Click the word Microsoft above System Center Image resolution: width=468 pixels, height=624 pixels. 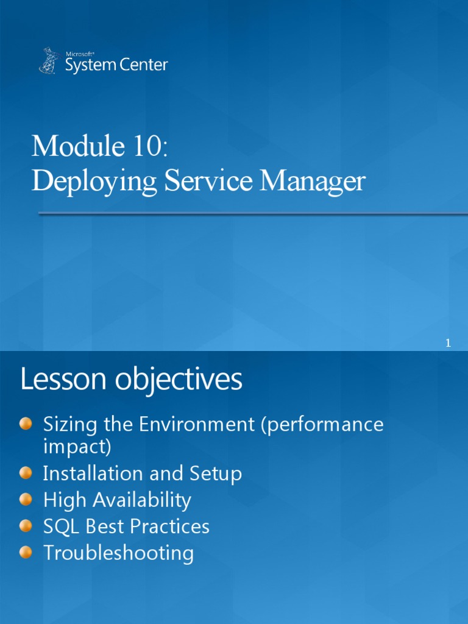pyautogui.click(x=76, y=54)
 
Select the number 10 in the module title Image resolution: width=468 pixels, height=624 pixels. pyautogui.click(x=147, y=146)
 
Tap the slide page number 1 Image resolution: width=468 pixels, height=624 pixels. pyautogui.click(x=448, y=344)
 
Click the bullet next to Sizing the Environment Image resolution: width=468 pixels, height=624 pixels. pyautogui.click(x=26, y=424)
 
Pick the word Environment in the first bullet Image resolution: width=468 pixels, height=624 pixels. pyautogui.click(x=197, y=424)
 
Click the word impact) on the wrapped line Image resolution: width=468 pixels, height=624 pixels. pyautogui.click(x=77, y=447)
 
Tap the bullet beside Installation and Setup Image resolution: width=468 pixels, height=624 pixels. pyautogui.click(x=26, y=473)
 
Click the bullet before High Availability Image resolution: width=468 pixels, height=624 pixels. pyautogui.click(x=26, y=500)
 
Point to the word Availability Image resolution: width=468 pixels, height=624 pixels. pyautogui.click(x=141, y=500)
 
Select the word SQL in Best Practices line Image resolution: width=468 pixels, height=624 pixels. pyautogui.click(x=58, y=526)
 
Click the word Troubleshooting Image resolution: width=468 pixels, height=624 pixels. pyautogui.click(x=118, y=553)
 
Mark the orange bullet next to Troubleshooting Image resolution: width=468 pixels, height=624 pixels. pyautogui.click(x=26, y=553)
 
